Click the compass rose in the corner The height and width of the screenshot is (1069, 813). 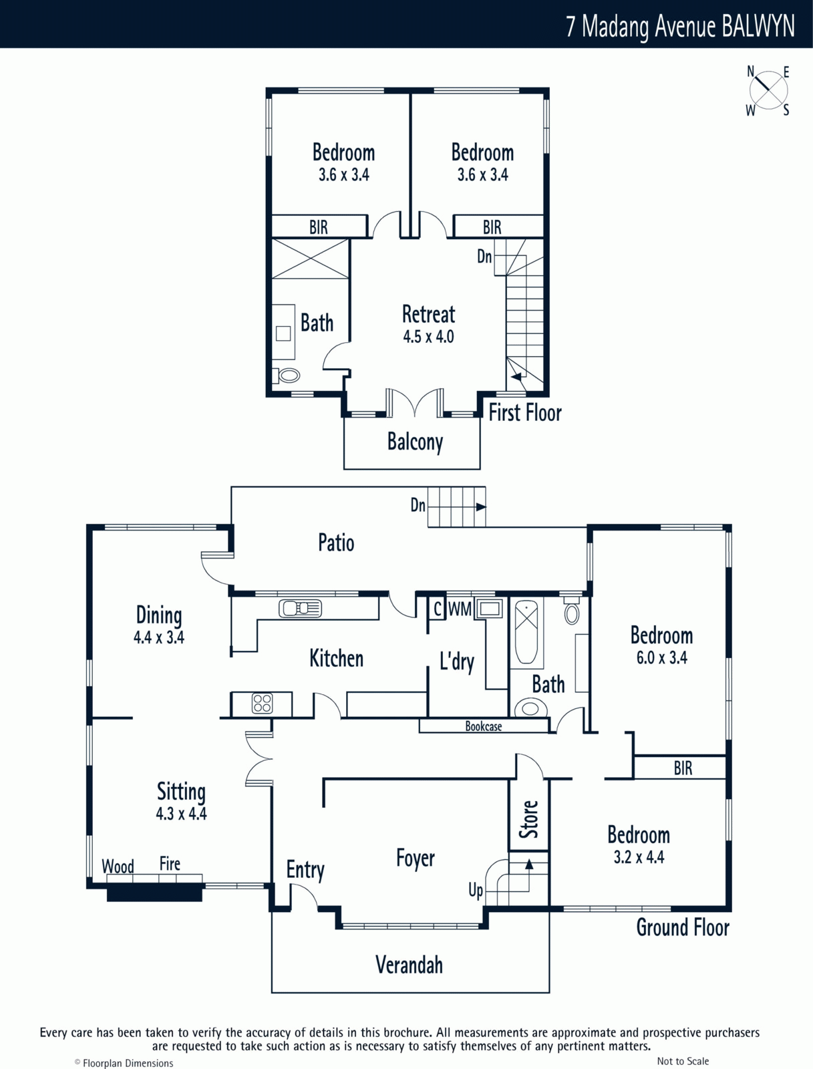click(768, 91)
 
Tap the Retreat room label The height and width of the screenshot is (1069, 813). click(428, 314)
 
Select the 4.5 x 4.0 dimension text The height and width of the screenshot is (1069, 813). click(428, 337)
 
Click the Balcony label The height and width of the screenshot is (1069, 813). click(416, 442)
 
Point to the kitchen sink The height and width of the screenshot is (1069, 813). click(301, 609)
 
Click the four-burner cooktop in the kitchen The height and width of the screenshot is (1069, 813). click(262, 704)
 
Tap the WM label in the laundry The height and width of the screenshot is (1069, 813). click(460, 609)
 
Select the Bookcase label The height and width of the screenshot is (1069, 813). click(484, 727)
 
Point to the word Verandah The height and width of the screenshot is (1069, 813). click(410, 965)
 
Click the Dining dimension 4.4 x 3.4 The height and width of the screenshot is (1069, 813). click(159, 637)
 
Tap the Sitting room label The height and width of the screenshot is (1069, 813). click(181, 792)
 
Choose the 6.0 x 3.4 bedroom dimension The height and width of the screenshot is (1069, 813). click(661, 658)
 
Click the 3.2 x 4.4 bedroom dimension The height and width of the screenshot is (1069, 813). click(639, 857)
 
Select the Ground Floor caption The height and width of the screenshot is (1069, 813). click(683, 928)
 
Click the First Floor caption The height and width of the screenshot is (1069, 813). click(525, 413)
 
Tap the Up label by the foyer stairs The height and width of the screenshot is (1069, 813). click(476, 891)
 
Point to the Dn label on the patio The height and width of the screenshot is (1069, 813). click(418, 506)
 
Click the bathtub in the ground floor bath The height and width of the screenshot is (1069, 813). click(526, 631)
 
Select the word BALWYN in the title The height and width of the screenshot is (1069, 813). click(758, 26)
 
